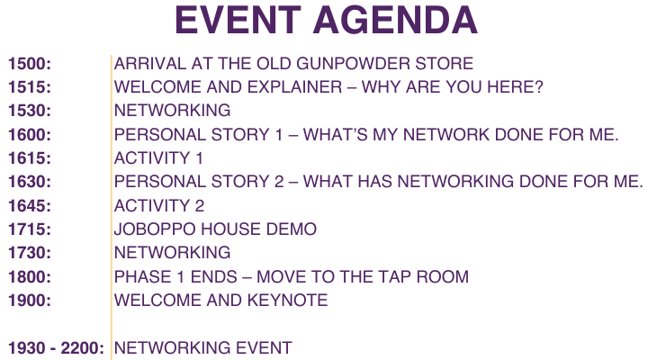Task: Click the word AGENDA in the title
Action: coord(395,21)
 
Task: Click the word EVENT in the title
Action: coord(238,21)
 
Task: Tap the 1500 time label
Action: coord(30,64)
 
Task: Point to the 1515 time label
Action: coord(30,87)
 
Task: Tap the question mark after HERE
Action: coord(538,87)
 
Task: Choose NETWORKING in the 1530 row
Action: coord(172,111)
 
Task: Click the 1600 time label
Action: coord(30,135)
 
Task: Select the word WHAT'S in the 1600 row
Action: coord(335,135)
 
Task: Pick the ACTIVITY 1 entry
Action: coord(158,158)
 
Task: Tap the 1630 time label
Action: coord(30,183)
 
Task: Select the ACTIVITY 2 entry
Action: coord(159,206)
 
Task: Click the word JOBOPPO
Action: coord(159,229)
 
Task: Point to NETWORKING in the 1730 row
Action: coord(172,253)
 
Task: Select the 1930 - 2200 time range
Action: coord(56,348)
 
